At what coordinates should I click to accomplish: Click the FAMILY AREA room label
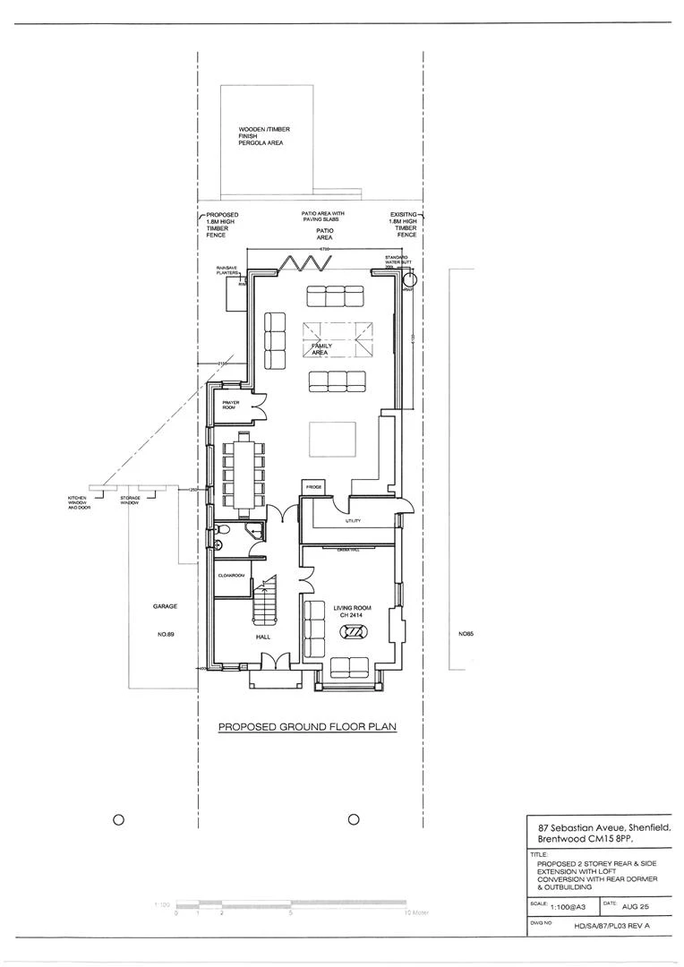point(321,349)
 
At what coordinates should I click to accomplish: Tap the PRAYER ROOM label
point(231,405)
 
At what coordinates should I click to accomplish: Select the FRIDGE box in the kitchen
point(313,487)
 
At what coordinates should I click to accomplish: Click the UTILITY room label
point(352,520)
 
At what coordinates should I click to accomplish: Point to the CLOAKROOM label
point(232,576)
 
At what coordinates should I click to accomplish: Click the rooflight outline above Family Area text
point(338,338)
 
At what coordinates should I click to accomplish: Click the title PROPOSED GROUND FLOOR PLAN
point(307,728)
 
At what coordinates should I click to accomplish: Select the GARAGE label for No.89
point(165,606)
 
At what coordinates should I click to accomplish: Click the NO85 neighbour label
point(466,634)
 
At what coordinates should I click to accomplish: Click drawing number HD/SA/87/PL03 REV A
point(618,928)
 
